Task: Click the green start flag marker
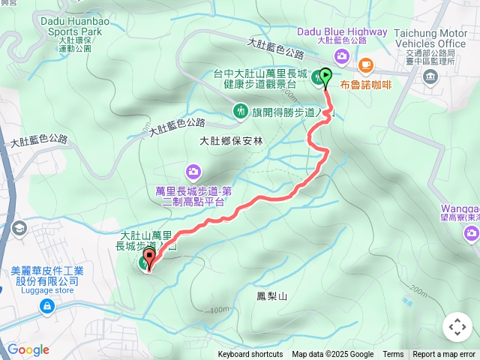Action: [x=326, y=76]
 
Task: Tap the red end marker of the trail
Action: [x=148, y=260]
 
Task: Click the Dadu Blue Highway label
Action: [x=342, y=31]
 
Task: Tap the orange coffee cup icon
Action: [x=365, y=65]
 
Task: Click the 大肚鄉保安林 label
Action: [x=232, y=140]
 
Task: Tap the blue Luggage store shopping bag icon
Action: [x=47, y=307]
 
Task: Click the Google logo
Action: [x=28, y=349]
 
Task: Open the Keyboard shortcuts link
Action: [x=250, y=355]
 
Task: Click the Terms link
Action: [x=393, y=355]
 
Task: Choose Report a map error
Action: [x=445, y=355]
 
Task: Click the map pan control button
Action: [x=457, y=327]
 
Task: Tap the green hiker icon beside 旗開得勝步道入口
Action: [x=240, y=112]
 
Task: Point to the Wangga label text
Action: [x=460, y=206]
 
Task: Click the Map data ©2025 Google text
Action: [x=332, y=355]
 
